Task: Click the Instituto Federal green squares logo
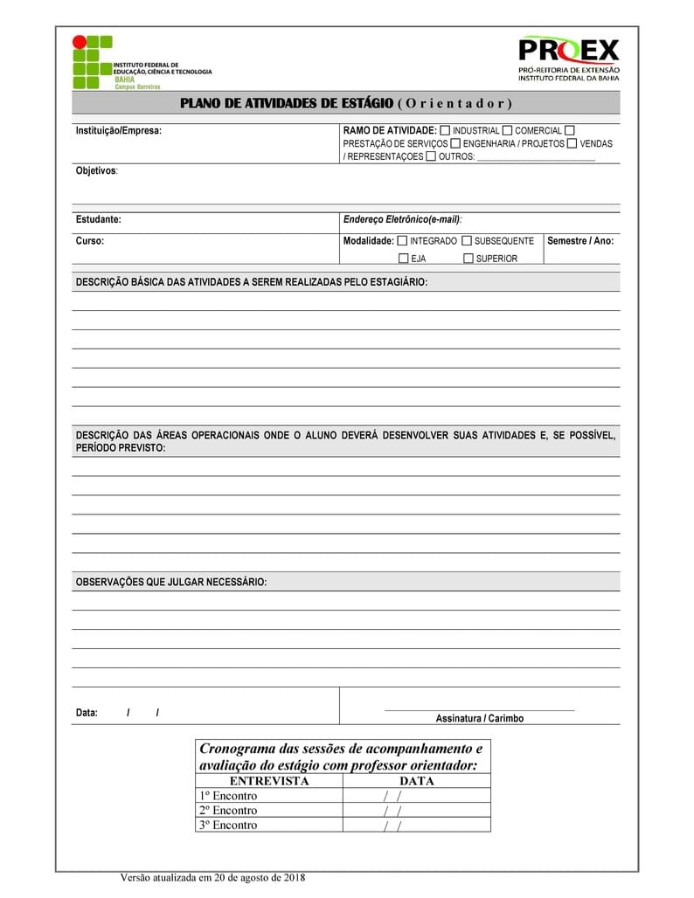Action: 92,62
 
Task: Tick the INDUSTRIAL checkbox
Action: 445,130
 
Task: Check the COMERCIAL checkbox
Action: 508,130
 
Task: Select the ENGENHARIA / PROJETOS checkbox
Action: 455,143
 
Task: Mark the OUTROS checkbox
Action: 431,156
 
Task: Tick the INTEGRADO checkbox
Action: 402,240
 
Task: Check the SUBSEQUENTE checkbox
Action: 467,240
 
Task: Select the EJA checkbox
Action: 403,259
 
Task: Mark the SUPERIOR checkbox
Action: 468,259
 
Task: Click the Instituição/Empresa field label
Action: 119,131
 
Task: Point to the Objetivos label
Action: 96,170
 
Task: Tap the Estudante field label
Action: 99,219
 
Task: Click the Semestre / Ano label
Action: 580,240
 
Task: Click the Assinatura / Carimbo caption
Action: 480,718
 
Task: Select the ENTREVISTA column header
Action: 269,781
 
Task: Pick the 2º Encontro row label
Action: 228,810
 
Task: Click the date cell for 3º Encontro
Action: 416,825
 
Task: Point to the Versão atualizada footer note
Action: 212,878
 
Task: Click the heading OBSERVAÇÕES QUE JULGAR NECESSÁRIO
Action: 171,582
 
